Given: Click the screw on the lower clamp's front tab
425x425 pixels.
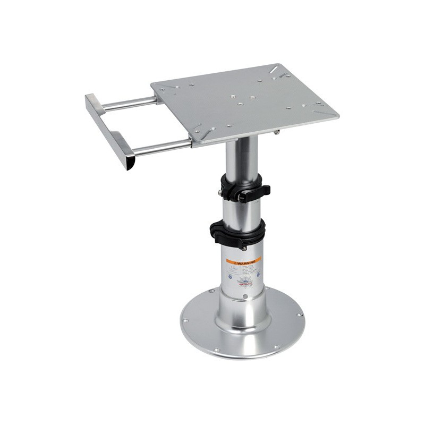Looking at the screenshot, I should click(244, 248).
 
